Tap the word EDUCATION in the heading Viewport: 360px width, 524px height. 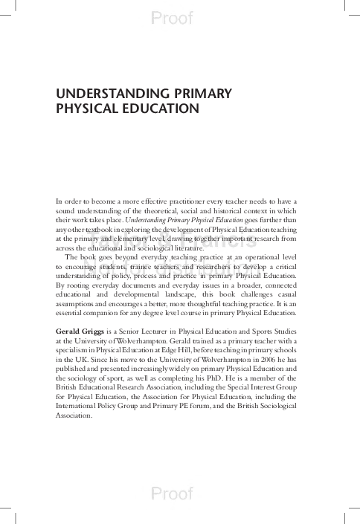[x=158, y=109]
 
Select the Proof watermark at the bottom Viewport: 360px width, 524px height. [x=172, y=493]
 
